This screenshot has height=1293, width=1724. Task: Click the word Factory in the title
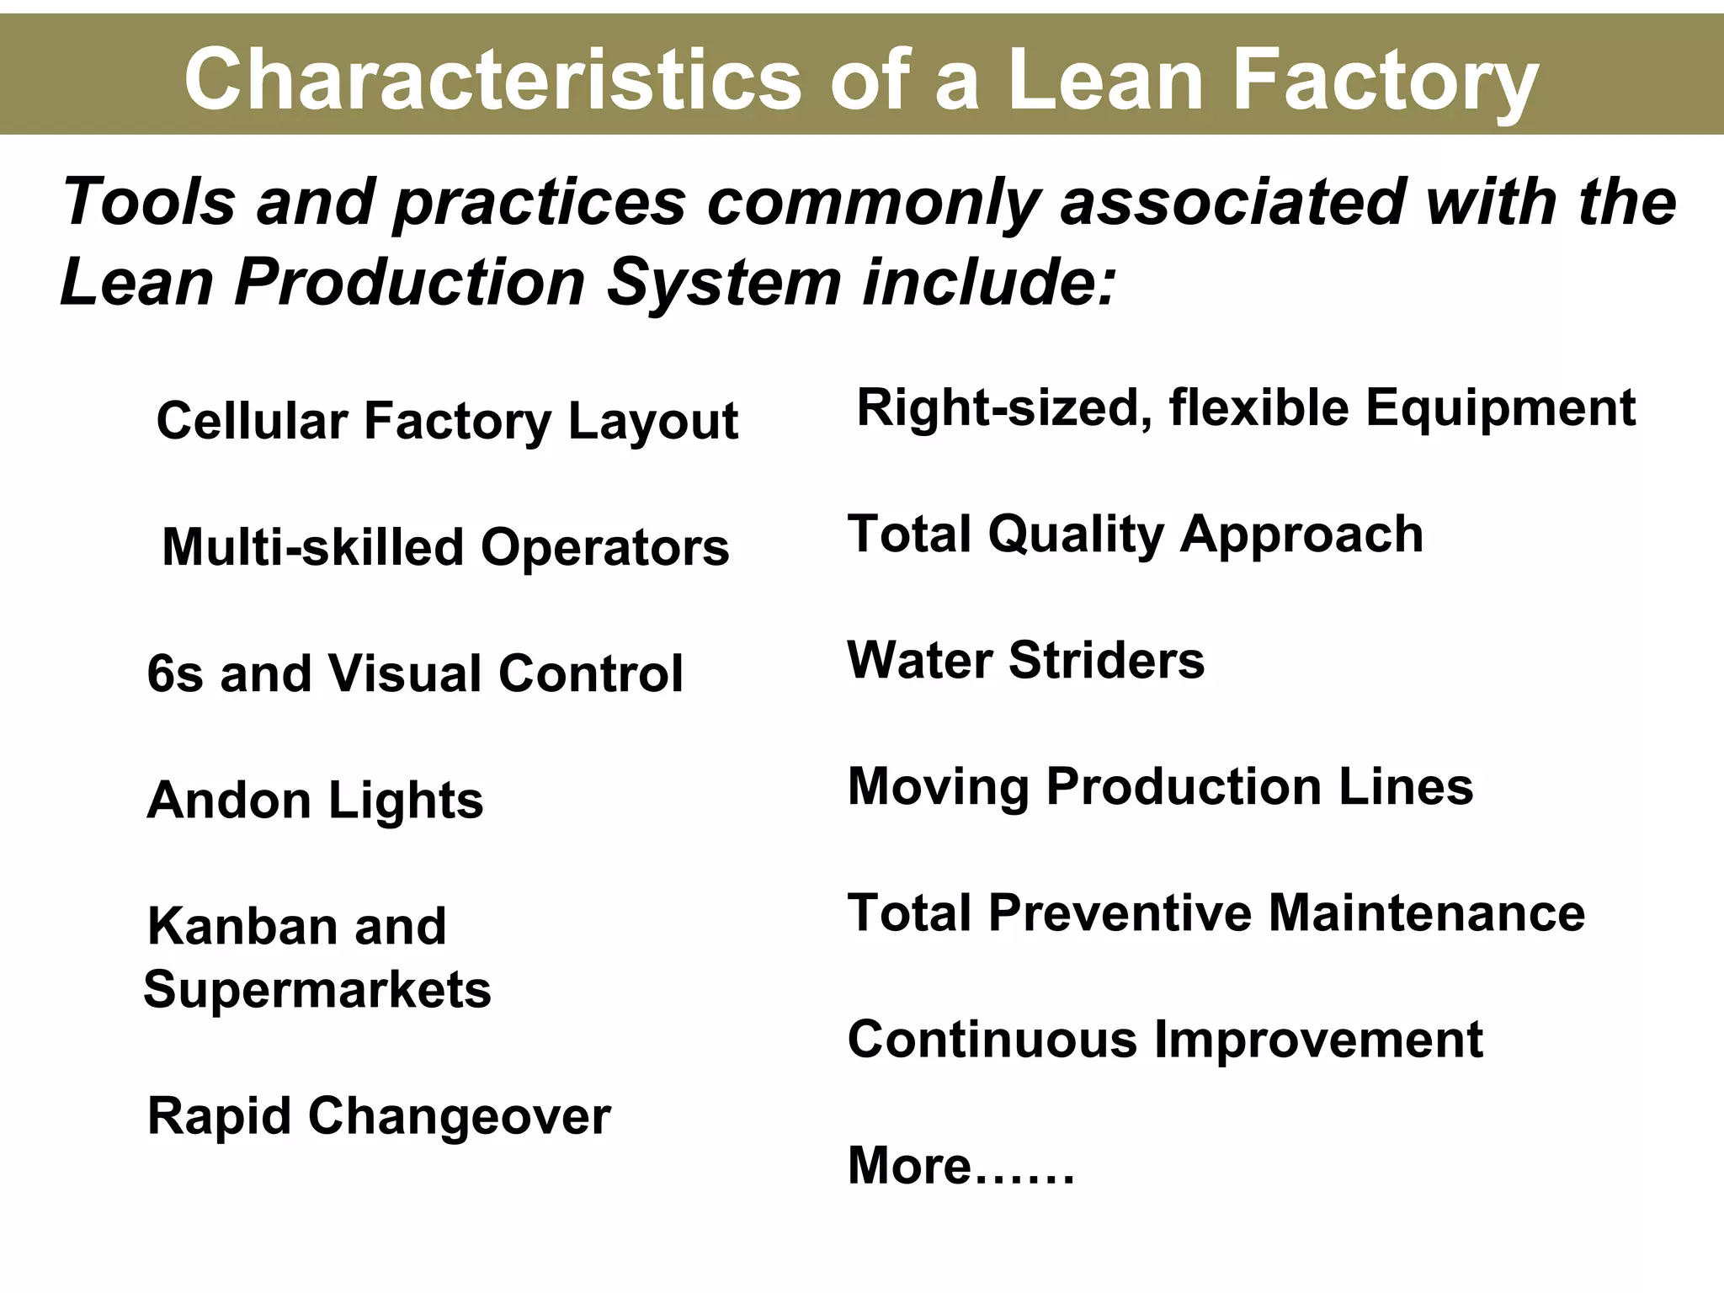(1385, 80)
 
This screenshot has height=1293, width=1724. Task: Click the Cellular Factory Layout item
(447, 421)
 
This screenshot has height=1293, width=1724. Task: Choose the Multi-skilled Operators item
(445, 547)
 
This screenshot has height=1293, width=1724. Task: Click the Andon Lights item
(315, 800)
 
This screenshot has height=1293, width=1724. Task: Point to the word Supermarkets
(317, 989)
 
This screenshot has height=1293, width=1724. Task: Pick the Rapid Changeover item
(379, 1116)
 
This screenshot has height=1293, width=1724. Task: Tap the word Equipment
(1500, 409)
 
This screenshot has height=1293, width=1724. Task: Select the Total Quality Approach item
(1135, 535)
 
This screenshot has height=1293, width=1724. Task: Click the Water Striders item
(1025, 660)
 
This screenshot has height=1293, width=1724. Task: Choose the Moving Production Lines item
(1160, 786)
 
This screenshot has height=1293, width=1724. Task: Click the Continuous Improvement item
(1165, 1040)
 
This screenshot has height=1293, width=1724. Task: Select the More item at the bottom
(960, 1166)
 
